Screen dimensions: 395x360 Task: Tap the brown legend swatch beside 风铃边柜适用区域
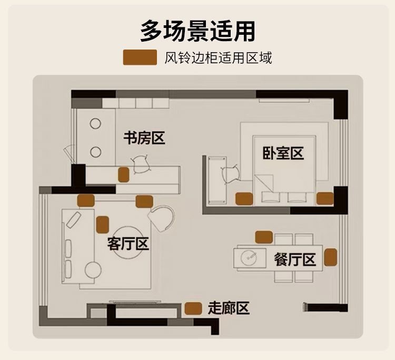tap(140, 57)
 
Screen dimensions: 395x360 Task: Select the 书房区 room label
tap(144, 139)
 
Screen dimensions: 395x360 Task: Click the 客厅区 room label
tap(128, 244)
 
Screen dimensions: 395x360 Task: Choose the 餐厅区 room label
tap(294, 259)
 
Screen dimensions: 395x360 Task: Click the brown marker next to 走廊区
tap(194, 308)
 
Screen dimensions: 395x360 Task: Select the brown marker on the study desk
tap(124, 174)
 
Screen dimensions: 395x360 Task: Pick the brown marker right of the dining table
tap(330, 257)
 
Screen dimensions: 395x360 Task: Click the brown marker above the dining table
tap(263, 237)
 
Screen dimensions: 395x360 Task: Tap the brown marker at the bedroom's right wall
tap(324, 198)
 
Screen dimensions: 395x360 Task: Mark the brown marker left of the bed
tap(243, 198)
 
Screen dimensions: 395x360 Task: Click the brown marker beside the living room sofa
tap(102, 225)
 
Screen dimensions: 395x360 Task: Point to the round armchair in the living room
tap(161, 217)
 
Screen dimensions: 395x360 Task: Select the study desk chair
tap(141, 165)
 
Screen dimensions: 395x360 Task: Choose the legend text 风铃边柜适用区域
tap(218, 57)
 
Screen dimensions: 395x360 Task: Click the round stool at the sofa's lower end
tap(93, 270)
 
